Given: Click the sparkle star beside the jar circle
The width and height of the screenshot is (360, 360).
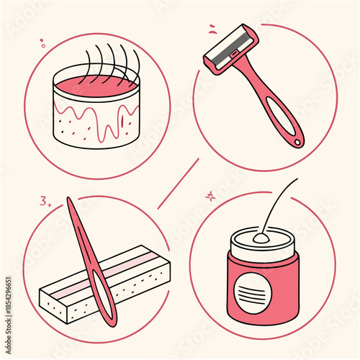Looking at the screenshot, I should click(210, 195).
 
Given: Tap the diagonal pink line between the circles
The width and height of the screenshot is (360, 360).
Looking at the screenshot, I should click(178, 184).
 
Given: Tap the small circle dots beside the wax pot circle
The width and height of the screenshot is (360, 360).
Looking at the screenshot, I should click(42, 45).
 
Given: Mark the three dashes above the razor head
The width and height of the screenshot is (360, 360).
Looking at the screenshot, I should click(213, 30).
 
